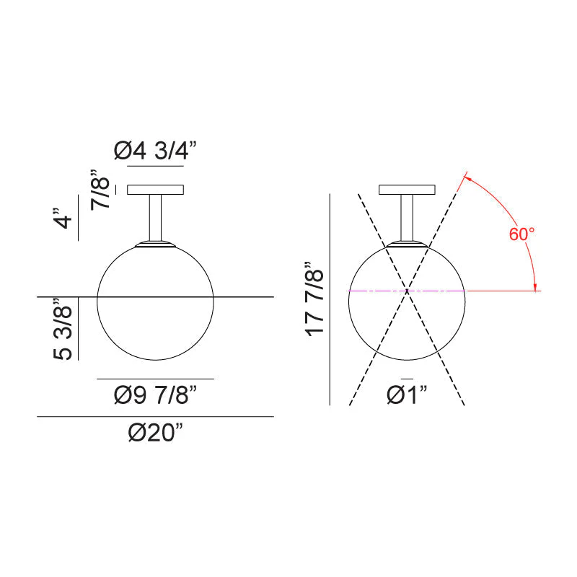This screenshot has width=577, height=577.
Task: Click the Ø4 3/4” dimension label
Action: click(155, 151)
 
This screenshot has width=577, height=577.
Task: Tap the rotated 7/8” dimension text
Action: click(100, 190)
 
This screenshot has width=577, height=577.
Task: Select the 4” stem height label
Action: click(63, 219)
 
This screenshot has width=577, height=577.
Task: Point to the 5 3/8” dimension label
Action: click(63, 329)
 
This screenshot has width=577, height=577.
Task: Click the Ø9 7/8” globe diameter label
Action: click(155, 395)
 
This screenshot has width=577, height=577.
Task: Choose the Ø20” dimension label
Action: click(155, 432)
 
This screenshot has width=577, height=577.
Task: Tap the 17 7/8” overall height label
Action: click(314, 299)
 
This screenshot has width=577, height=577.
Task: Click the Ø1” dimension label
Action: click(407, 395)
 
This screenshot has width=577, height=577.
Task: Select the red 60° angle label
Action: click(521, 234)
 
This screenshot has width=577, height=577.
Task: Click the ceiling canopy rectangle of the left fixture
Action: click(155, 190)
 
